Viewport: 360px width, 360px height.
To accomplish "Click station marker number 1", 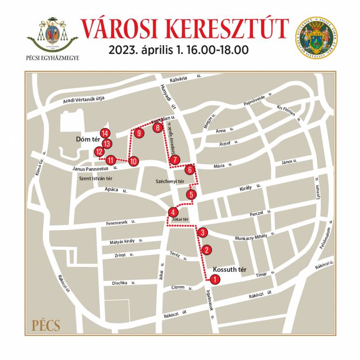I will pos(216,279).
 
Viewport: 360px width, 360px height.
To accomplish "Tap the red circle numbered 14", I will pos(105,133).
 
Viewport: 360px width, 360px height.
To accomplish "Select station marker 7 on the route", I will pos(175,159).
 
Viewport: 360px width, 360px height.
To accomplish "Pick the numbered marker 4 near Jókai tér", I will pos(173,212).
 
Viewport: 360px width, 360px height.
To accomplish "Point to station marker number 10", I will pos(133,161).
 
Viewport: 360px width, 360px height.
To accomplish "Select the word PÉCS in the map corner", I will pos(46,325).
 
